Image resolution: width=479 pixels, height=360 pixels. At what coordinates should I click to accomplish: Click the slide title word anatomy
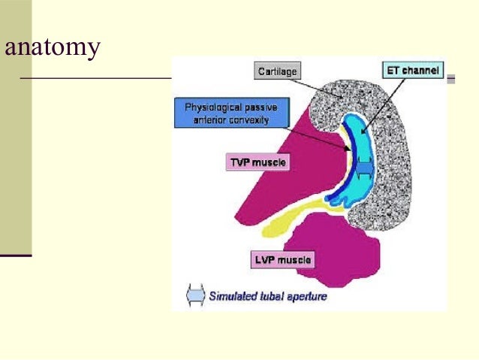point(52,48)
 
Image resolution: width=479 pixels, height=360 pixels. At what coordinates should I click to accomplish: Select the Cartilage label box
point(276,72)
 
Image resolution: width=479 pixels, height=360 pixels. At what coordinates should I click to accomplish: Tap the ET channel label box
point(412,71)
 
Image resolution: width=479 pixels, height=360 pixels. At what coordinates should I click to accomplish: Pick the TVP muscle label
point(257,162)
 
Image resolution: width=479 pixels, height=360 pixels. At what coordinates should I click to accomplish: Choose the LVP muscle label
point(282,260)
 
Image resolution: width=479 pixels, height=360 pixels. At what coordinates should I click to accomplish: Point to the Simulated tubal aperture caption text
point(267,296)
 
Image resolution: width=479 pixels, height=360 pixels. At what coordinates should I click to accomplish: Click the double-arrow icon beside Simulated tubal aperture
point(194,295)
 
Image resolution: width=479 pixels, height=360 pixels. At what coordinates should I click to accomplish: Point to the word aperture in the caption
point(308,296)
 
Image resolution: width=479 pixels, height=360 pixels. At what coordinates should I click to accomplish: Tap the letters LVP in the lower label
point(265,260)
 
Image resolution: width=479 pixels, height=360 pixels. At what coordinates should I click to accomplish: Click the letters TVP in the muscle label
point(240,162)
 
